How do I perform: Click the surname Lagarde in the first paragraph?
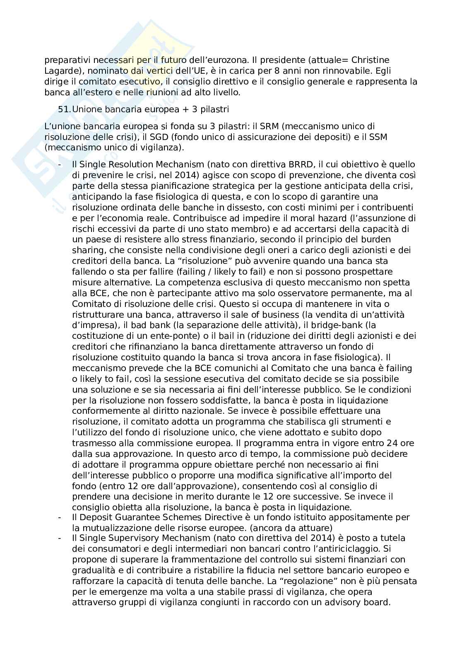(60, 71)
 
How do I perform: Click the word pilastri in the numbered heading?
(214, 110)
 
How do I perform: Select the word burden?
(378, 239)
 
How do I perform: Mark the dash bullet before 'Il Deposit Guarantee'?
(60, 517)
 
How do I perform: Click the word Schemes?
(205, 517)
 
